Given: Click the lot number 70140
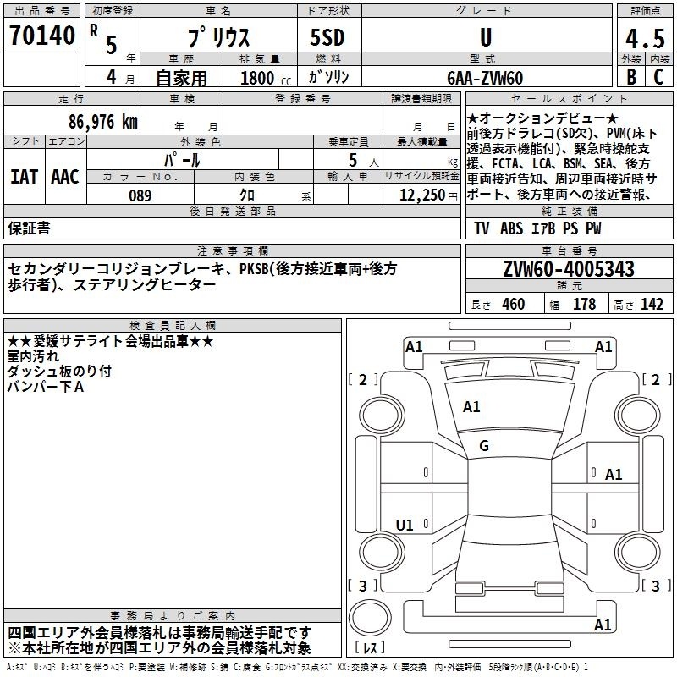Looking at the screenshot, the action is coord(42,36).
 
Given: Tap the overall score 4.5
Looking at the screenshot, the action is coord(645,38).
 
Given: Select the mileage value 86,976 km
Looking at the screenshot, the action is coord(103,122).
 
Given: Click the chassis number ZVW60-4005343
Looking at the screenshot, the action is coord(569,269).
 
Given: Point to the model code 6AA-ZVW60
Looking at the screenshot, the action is coord(485,78).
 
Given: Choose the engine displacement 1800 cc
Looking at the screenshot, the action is coord(266,78).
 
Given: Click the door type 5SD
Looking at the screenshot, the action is coord(327,37).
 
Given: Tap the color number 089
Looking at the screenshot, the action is coord(140,195).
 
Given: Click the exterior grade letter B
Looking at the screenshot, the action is coord(631,76).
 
